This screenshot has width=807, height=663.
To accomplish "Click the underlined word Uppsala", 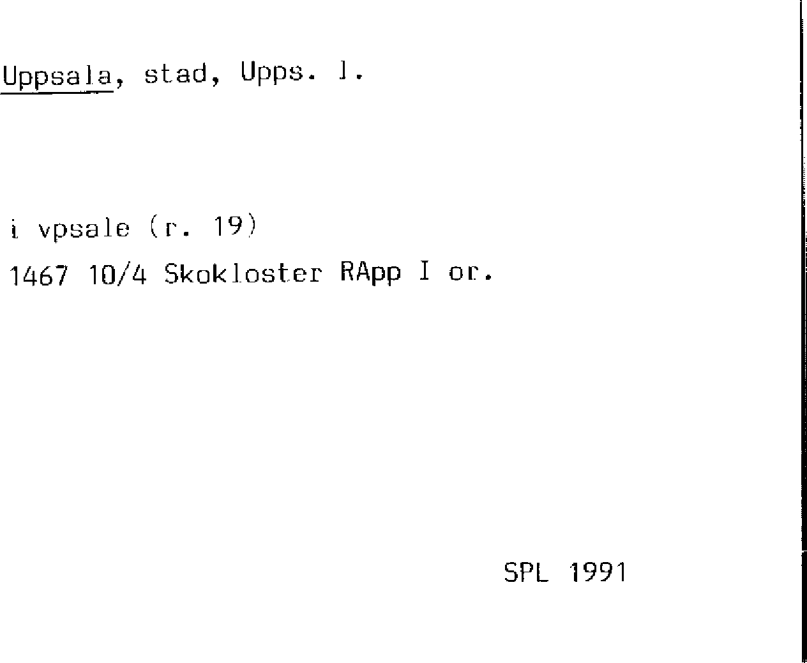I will pos(57,75).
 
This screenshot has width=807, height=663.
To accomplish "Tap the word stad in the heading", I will pos(176,73).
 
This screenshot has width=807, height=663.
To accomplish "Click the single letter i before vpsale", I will pos(14,228).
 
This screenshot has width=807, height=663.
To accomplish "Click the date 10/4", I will pos(118,275).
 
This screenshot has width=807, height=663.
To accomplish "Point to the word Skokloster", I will pos(243,273).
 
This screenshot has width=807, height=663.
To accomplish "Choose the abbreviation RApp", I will pos(370,273).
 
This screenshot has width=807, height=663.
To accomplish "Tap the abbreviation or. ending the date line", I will pos(469,274).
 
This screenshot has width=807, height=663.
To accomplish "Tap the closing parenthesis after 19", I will pos(252,227).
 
